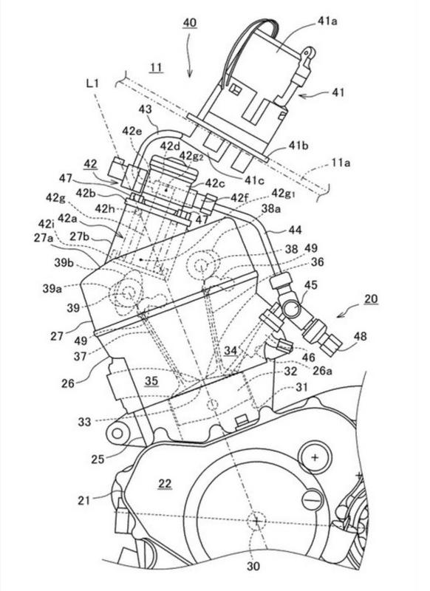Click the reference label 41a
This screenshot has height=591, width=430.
click(x=327, y=21)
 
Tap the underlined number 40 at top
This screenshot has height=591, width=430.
click(x=190, y=23)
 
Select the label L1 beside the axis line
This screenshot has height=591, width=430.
click(x=92, y=83)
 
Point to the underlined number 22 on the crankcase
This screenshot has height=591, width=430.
click(x=165, y=484)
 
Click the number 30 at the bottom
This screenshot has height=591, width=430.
click(x=253, y=567)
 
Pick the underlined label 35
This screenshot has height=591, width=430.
click(x=151, y=381)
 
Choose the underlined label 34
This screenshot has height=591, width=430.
click(x=231, y=351)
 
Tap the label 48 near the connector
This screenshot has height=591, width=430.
click(x=360, y=336)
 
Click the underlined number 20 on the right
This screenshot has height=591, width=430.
click(x=371, y=299)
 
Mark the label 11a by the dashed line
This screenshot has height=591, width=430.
click(x=341, y=163)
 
